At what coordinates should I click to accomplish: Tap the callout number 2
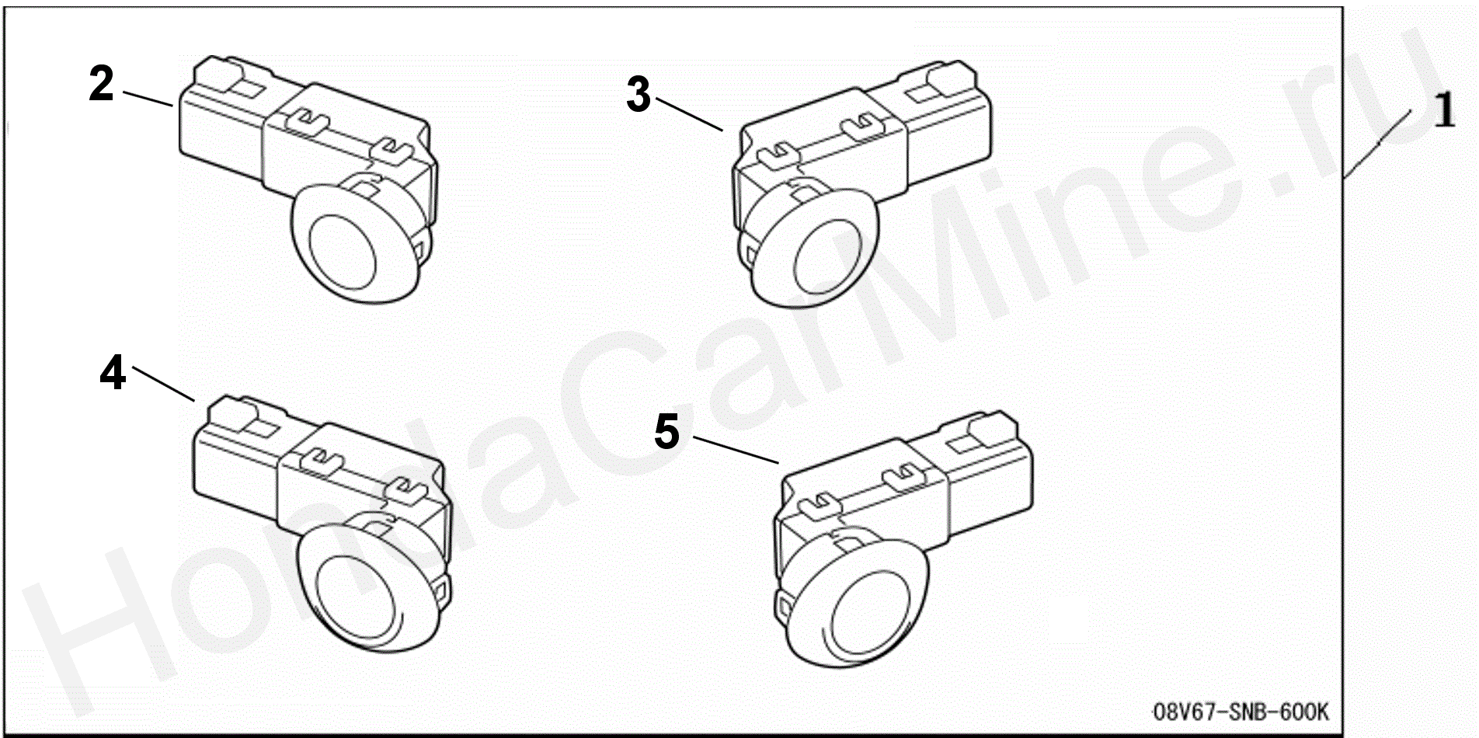(x=102, y=84)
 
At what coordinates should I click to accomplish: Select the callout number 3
(x=639, y=96)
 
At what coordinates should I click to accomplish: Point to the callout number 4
(x=113, y=373)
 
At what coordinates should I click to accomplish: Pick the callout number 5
(x=666, y=432)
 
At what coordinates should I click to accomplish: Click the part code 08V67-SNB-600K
(x=1241, y=711)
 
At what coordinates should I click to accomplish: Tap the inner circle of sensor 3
(x=828, y=259)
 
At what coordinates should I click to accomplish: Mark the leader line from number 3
(x=689, y=113)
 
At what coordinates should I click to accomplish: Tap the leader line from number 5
(x=736, y=450)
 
